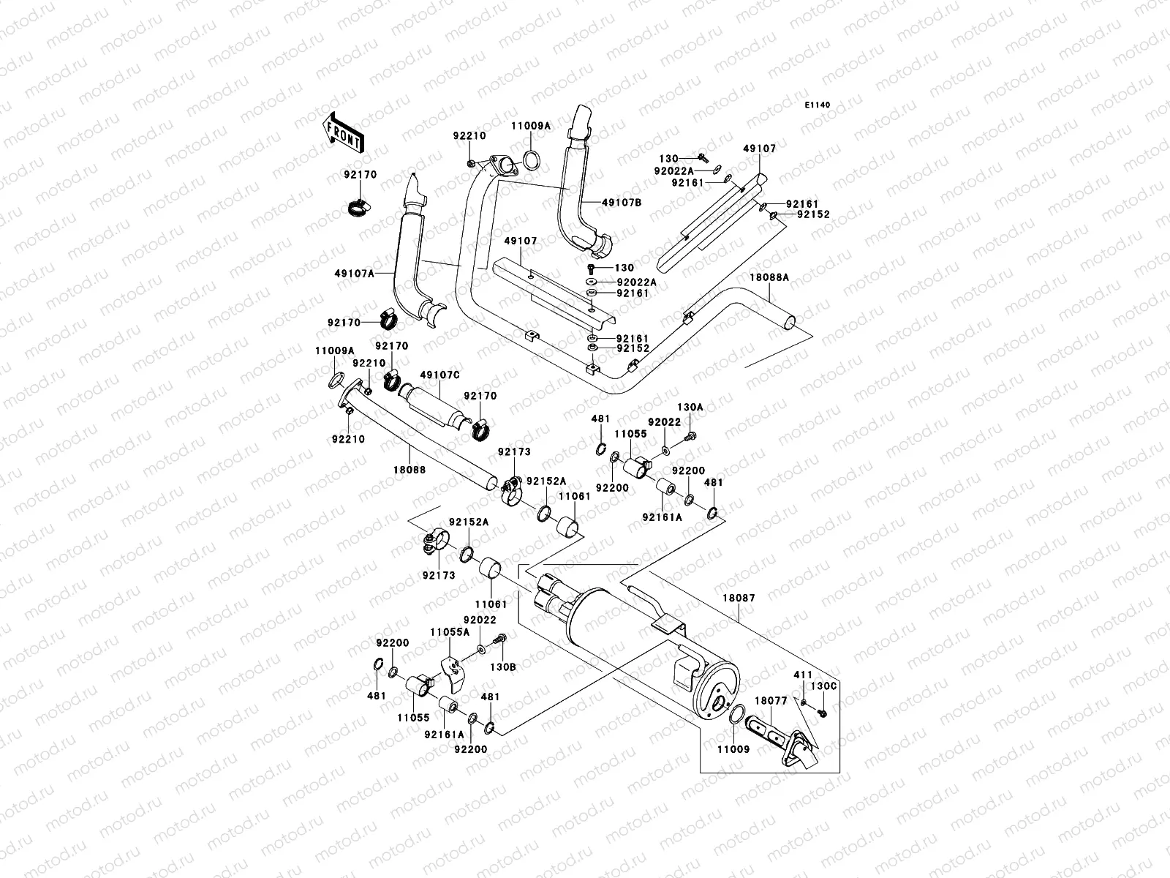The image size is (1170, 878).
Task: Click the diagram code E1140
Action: coord(818,105)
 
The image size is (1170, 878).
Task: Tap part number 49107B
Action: coord(622,203)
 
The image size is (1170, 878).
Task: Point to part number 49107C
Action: coord(440,375)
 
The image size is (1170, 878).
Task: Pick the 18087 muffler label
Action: coord(741,598)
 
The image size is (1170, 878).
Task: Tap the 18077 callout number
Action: coord(771,700)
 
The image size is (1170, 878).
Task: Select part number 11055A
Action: coord(449,631)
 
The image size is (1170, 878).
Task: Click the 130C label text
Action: coord(823,686)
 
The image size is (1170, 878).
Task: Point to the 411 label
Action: coord(803,674)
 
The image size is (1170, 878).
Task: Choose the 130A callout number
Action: coord(690,406)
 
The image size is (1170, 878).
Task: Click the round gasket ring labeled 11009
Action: coord(737,714)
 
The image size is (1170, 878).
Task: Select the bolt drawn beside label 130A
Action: coord(689,438)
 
